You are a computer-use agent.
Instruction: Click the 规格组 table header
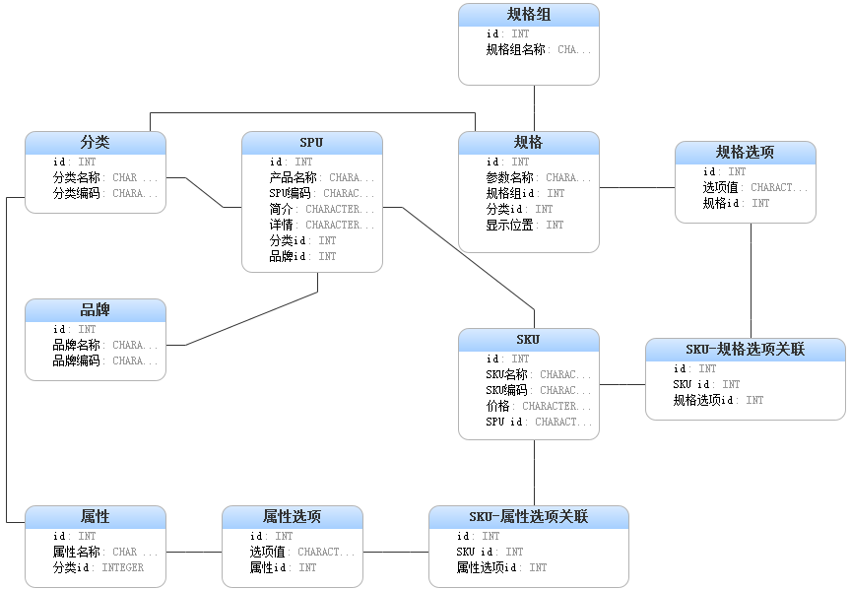529,14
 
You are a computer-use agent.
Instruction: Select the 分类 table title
96,143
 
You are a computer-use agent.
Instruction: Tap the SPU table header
311,143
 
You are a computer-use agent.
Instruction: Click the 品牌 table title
96,310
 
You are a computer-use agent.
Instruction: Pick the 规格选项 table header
745,153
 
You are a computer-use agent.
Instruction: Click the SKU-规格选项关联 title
745,350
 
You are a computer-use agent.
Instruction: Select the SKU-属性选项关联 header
528,517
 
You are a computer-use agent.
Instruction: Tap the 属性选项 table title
292,517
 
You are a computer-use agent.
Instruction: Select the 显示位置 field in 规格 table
509,225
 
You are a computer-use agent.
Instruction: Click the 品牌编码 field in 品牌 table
76,360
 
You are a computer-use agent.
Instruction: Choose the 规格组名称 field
515,49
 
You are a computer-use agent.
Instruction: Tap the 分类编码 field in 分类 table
76,193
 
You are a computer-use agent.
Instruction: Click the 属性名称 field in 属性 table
76,552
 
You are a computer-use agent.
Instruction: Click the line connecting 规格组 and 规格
534,108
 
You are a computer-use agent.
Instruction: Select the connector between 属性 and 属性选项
194,553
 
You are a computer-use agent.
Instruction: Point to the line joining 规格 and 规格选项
636,187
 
